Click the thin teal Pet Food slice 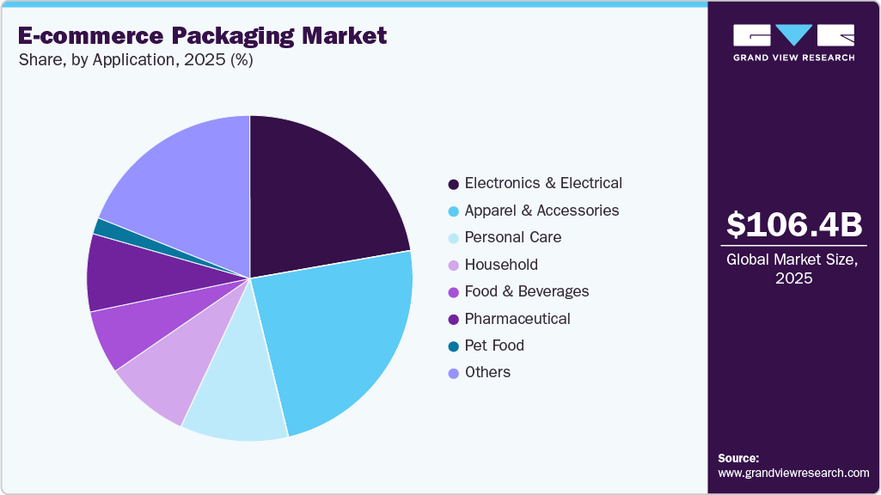(x=105, y=228)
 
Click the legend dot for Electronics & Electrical (x=453, y=184)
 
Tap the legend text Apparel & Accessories (x=541, y=211)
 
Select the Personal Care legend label (x=512, y=237)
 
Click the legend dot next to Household (x=453, y=266)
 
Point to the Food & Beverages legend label (x=527, y=291)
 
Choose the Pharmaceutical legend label (x=517, y=319)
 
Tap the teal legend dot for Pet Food (x=453, y=346)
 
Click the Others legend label (x=487, y=372)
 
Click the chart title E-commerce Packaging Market (x=202, y=36)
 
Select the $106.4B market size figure (x=793, y=225)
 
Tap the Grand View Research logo (x=793, y=42)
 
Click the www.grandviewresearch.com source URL (x=793, y=473)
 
